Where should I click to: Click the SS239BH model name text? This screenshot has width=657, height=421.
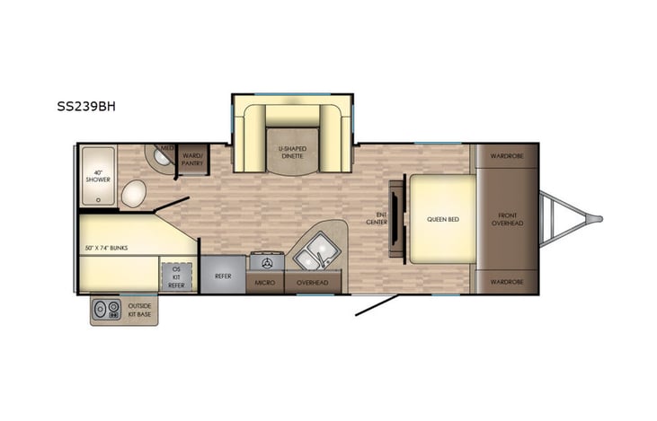pyautogui.click(x=85, y=105)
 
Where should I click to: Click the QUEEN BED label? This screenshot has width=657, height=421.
pyautogui.click(x=442, y=218)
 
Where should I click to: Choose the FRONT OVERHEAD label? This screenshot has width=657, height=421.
pyautogui.click(x=508, y=218)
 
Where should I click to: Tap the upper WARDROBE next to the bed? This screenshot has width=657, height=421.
pyautogui.click(x=507, y=155)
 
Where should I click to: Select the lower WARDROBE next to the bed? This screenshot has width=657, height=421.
pyautogui.click(x=507, y=282)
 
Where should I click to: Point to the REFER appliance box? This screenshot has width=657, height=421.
pyautogui.click(x=222, y=276)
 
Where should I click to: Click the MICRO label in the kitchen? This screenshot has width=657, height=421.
pyautogui.click(x=265, y=283)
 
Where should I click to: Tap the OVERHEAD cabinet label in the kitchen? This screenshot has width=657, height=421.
pyautogui.click(x=313, y=283)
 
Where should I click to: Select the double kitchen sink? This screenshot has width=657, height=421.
pyautogui.click(x=315, y=249)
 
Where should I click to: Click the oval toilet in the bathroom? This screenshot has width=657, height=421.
pyautogui.click(x=135, y=192)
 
